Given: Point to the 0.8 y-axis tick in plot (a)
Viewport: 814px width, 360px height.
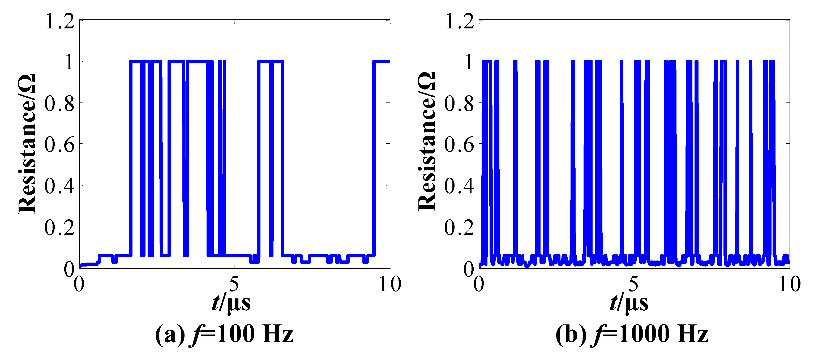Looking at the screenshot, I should pos(59,103).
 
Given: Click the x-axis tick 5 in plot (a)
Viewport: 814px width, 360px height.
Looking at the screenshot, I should pos(234,284).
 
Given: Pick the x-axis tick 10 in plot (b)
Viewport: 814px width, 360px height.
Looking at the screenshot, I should pos(789,284).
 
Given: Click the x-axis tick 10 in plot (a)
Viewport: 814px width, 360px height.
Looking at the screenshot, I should pos(390,284).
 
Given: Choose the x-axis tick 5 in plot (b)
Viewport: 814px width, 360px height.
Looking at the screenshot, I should pos(633,284).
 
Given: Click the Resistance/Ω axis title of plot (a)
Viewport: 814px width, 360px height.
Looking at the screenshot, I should pos(27,144).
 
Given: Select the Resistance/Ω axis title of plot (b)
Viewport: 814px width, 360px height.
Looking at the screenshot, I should pos(427,141).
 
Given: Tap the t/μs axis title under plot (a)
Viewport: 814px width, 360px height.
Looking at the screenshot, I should pos(231,303).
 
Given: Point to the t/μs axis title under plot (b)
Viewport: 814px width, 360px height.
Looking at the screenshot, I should pos(629,303).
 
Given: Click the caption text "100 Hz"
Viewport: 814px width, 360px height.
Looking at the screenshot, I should pos(255,334).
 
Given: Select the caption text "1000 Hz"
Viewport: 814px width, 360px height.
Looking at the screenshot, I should pos(663,334).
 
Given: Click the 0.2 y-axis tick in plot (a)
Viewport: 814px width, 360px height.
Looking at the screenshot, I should pos(59,227).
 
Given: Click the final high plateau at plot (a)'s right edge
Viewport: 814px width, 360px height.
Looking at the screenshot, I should pos(382,61).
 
